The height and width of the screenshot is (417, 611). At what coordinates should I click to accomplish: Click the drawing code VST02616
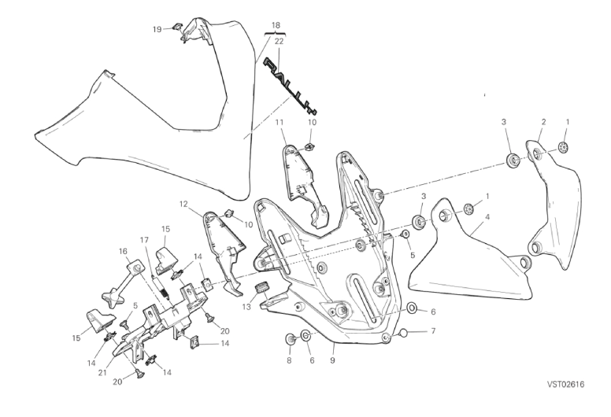(x=566, y=384)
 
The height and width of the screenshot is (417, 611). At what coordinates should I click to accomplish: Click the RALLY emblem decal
(x=291, y=86)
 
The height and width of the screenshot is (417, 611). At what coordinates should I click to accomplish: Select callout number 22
(x=279, y=41)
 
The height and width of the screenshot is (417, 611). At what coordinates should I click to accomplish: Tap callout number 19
(x=157, y=29)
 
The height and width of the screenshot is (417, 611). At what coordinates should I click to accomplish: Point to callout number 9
(x=332, y=360)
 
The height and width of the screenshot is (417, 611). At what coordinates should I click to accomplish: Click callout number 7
(x=433, y=331)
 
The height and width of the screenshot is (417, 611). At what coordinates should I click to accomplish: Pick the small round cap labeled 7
(x=403, y=333)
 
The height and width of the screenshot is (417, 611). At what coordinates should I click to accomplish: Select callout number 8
(x=289, y=360)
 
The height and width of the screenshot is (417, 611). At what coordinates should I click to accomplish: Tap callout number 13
(x=246, y=307)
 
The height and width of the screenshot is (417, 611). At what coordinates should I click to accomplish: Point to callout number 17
(x=144, y=240)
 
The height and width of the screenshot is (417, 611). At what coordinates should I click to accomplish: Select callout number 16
(x=123, y=252)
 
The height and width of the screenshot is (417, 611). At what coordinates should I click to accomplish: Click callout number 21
(x=102, y=373)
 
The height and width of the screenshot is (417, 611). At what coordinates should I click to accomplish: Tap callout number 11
(x=279, y=122)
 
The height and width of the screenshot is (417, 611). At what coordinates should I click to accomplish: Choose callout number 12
(x=183, y=204)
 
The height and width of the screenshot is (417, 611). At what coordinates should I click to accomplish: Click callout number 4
(x=487, y=217)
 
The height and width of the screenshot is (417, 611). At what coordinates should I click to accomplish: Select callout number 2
(x=543, y=122)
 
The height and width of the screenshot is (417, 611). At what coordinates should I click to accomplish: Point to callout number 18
(x=276, y=26)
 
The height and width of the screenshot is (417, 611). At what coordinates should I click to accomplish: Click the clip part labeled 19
(x=177, y=28)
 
